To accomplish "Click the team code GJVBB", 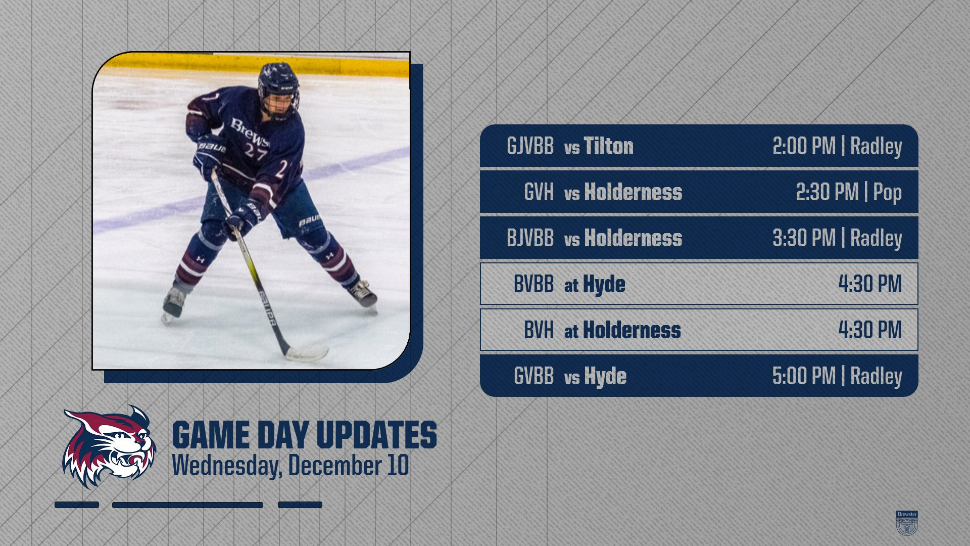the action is (x=530, y=146).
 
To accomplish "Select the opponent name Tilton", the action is (x=609, y=146).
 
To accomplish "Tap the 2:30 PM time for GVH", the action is (x=827, y=192).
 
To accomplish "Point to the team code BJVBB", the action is (x=530, y=238).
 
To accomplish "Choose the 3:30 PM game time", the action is (x=804, y=238).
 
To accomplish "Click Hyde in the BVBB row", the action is (x=604, y=285).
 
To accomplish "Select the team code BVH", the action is (x=539, y=330).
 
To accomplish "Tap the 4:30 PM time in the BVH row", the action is (x=870, y=330).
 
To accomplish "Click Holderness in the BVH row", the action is (x=632, y=330).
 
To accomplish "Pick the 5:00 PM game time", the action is (x=804, y=376).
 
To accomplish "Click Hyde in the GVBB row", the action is (x=605, y=377).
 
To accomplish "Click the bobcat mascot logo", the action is (x=109, y=447).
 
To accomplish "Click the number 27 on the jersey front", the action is (x=256, y=151).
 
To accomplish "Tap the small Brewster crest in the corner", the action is (x=907, y=523).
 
